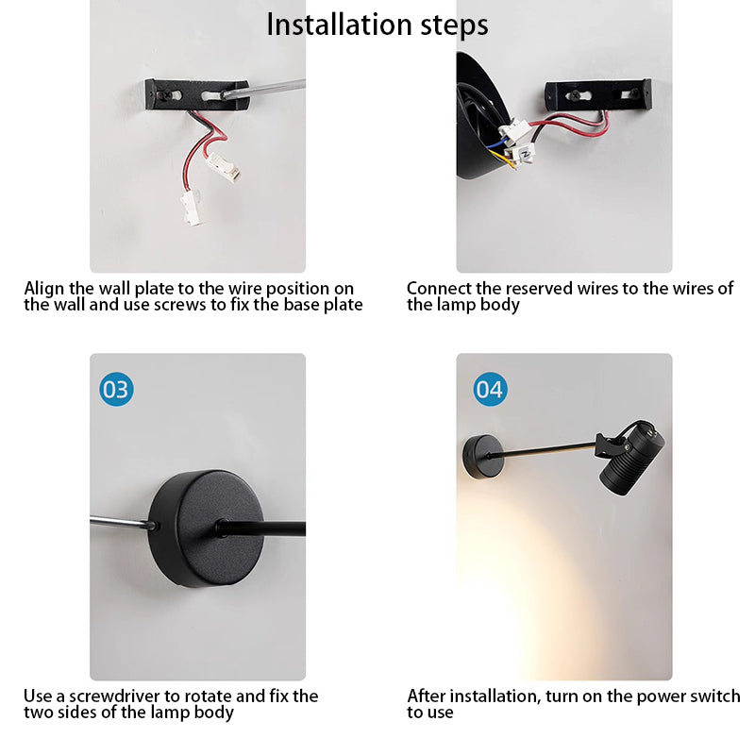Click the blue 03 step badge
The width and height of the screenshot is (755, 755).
tap(116, 389)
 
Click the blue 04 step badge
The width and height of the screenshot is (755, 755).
tap(490, 389)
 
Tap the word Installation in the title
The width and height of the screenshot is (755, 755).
tap(340, 25)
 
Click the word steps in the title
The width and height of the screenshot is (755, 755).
tap(455, 26)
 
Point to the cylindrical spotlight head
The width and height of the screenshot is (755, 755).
tap(631, 458)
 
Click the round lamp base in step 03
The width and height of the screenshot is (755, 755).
tap(206, 528)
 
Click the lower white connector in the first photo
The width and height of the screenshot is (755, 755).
tap(193, 208)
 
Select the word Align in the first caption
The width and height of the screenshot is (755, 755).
tap(43, 289)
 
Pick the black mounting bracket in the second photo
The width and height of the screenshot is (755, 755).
tap(597, 94)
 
